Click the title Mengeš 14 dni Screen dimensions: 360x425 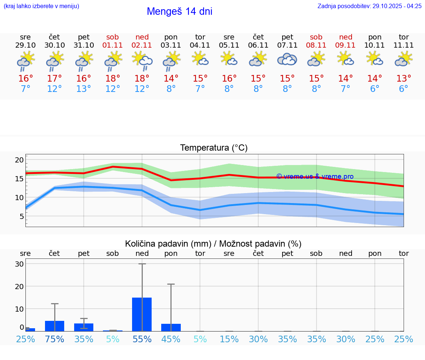(x=179, y=11)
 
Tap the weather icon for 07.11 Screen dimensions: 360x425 (x=287, y=59)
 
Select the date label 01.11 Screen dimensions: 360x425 (x=113, y=45)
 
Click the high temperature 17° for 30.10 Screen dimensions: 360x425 (x=55, y=79)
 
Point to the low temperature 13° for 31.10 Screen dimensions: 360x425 (x=84, y=89)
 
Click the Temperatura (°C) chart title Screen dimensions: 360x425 (x=214, y=148)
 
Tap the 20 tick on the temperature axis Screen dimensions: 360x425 (x=19, y=160)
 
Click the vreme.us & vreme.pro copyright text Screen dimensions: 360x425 (x=315, y=176)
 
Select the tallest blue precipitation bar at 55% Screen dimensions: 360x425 (x=142, y=314)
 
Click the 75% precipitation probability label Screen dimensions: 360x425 (x=55, y=339)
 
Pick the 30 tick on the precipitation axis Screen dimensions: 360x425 (x=19, y=264)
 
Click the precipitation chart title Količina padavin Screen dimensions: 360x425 (x=213, y=244)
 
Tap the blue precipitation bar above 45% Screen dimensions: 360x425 (x=171, y=328)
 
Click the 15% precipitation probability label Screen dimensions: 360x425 (x=229, y=339)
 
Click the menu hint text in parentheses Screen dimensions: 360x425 (x=41, y=6)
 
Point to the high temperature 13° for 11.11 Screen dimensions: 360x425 (x=404, y=79)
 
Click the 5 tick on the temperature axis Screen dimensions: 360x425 (x=21, y=216)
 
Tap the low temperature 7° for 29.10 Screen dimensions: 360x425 (x=25, y=89)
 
